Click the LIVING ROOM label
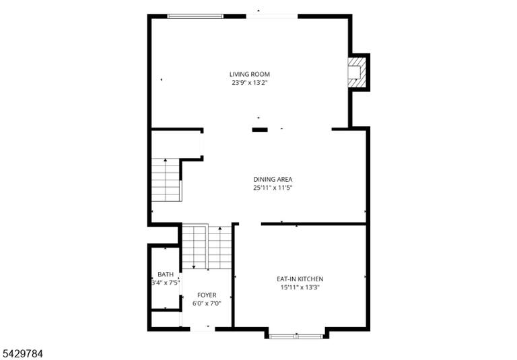(250, 75)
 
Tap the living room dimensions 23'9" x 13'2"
(249, 83)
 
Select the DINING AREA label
(273, 180)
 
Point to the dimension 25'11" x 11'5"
(273, 188)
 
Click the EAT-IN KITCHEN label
(300, 279)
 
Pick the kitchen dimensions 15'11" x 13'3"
(300, 287)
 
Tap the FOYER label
(207, 295)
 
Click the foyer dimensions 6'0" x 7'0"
(207, 303)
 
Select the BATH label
(166, 275)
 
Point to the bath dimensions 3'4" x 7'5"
(166, 283)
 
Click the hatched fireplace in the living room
(356, 73)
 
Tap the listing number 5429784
(22, 354)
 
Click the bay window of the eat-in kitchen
(296, 336)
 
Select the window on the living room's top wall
(195, 16)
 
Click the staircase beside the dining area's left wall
(166, 180)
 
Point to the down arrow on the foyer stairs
(194, 246)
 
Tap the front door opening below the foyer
(203, 329)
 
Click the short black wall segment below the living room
(260, 130)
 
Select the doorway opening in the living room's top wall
(272, 16)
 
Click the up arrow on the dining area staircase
(165, 180)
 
